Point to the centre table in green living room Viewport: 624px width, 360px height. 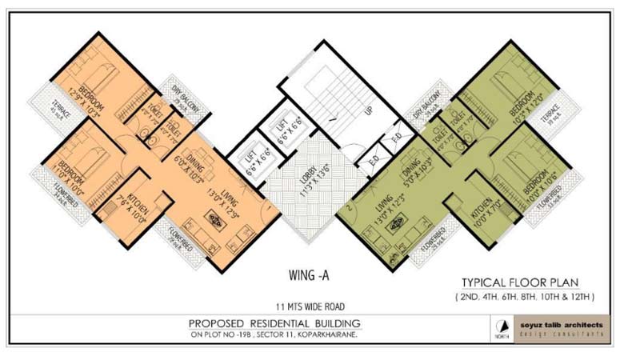[x=394, y=225]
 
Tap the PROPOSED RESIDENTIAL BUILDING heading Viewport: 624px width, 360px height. [x=274, y=322]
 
